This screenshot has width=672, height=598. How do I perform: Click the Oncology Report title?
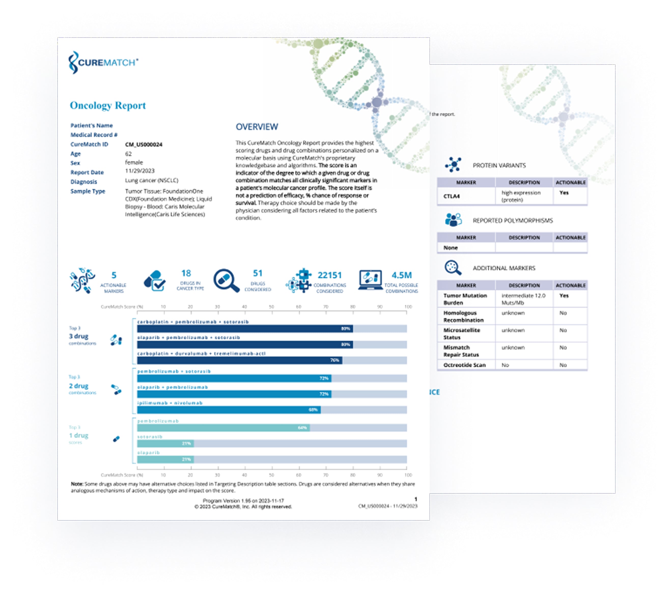107,106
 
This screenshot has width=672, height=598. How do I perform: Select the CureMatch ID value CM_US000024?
144,145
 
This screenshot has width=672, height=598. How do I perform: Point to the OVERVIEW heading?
257,127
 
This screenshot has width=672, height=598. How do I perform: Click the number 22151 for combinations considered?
329,275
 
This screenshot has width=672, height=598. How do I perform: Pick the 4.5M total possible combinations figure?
401,275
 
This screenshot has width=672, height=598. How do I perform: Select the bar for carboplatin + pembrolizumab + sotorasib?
245,329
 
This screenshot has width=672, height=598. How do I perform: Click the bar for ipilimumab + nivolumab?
229,410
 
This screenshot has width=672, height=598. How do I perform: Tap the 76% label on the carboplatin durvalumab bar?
334,360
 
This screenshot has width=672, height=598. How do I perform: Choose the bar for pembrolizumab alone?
223,428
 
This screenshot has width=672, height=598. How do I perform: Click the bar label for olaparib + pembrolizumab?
172,387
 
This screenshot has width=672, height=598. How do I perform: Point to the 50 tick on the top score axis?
271,307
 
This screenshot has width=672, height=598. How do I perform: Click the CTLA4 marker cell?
452,196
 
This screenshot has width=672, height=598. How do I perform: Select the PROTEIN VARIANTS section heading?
499,165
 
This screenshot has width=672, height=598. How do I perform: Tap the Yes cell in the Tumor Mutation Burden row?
564,296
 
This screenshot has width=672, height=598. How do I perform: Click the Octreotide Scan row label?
464,365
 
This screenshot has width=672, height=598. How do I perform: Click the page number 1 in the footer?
416,499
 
